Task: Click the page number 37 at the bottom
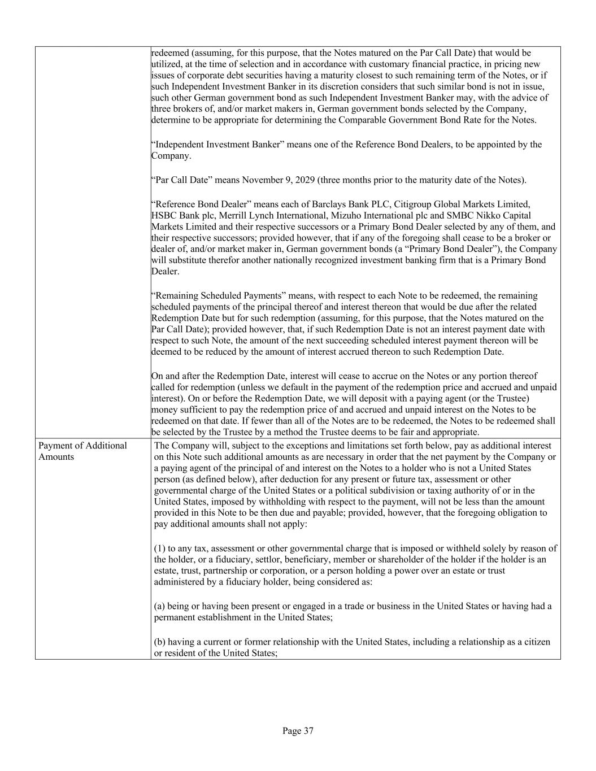pos(298,731)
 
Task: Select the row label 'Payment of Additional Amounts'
pos(82,451)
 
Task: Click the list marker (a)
pos(160,606)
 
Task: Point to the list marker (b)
pos(160,642)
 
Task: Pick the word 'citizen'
pos(536,642)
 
